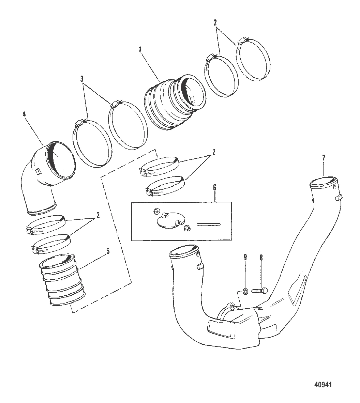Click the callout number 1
pos(140,49)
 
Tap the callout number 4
pos(24,115)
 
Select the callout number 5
pos(108,252)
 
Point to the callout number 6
pos(214,188)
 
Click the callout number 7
pos(324,158)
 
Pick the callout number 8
pos(261,258)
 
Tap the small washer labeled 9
pos(245,291)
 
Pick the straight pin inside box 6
pos(209,224)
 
